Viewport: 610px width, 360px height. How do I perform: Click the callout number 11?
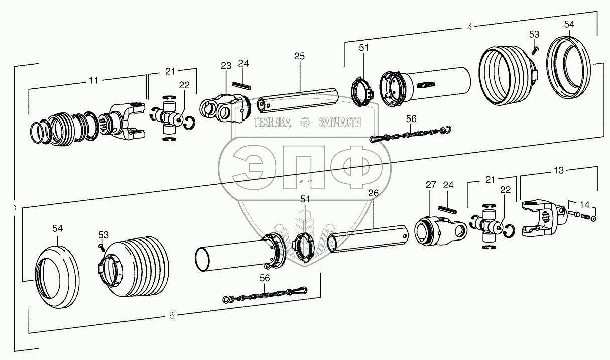(x=93, y=80)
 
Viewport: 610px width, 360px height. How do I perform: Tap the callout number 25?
(x=299, y=56)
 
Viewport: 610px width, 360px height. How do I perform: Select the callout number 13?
(x=558, y=170)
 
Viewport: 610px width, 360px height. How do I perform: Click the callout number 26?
(x=373, y=193)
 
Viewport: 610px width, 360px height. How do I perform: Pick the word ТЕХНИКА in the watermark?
(x=273, y=123)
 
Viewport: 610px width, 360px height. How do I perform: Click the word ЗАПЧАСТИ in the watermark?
(x=340, y=123)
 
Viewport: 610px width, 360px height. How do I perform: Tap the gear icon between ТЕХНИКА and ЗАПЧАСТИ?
(x=304, y=123)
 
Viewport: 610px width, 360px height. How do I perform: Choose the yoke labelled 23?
(x=225, y=108)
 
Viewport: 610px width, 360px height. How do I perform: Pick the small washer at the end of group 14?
(x=594, y=218)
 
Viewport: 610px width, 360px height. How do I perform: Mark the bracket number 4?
(x=469, y=27)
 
